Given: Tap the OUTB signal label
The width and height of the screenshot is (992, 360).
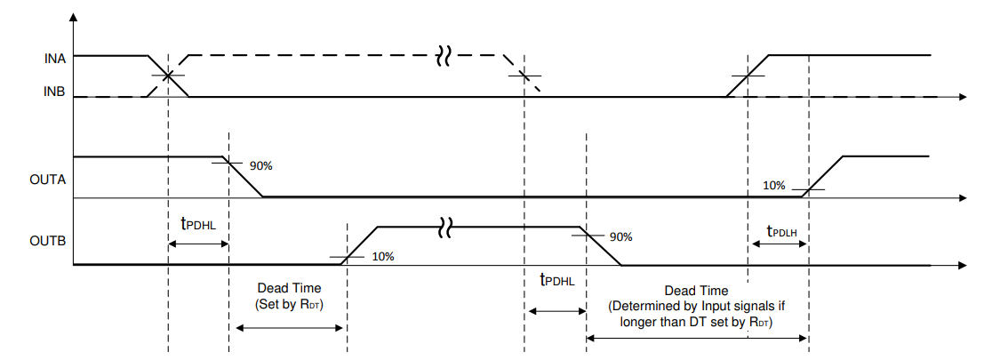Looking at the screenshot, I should pos(50,240).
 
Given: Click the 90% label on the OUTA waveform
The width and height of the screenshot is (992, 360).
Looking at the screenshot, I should pos(261,165).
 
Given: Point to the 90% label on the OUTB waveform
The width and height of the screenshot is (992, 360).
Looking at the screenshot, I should pos(620,237).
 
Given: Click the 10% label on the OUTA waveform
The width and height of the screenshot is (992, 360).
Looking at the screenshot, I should pos(774,185).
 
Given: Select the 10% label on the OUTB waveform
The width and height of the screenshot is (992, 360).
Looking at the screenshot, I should pos(382,256).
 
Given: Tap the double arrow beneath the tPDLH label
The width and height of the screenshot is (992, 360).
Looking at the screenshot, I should pos(778,245).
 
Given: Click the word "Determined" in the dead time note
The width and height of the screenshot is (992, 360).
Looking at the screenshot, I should pos(643,306).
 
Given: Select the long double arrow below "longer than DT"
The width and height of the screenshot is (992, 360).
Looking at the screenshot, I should pos(697,338).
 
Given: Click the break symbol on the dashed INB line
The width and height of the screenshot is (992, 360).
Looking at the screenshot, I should pos(444,58).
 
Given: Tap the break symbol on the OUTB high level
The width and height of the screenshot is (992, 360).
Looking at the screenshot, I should pos(444,229).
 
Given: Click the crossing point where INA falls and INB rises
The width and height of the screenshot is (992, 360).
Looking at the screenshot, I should pos(168,76).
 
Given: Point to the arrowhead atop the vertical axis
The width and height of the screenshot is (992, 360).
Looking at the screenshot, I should pos(73,17).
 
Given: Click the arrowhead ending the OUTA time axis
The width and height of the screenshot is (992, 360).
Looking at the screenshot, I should pos(964,197).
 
